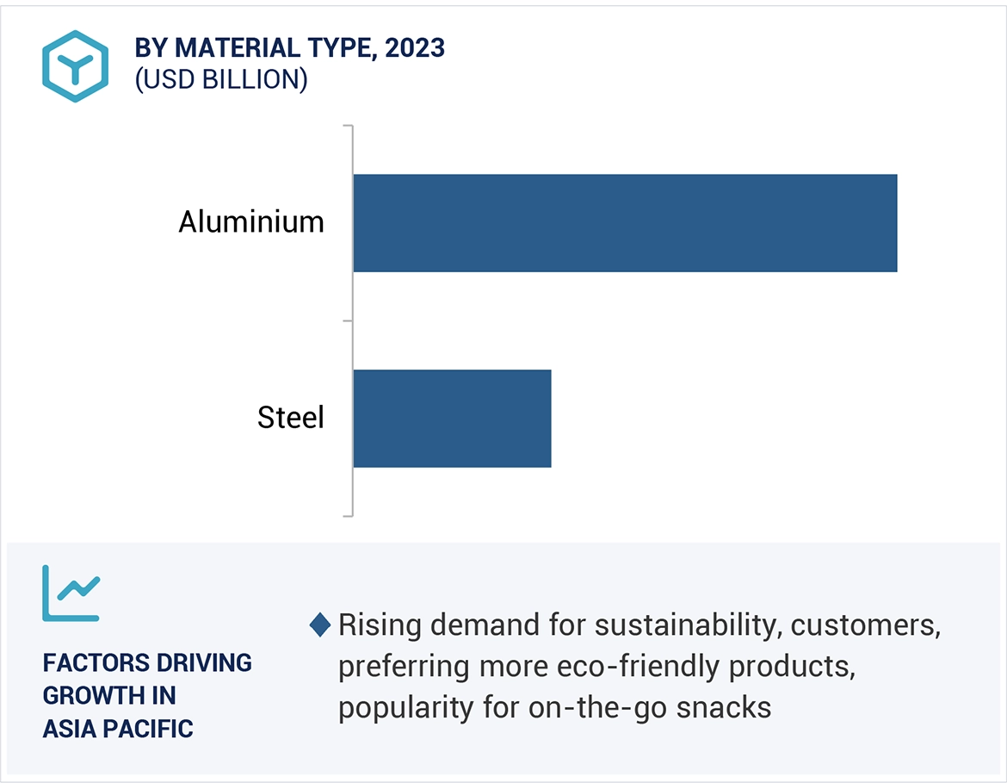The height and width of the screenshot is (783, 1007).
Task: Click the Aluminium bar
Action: click(625, 223)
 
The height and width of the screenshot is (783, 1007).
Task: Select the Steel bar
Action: click(452, 419)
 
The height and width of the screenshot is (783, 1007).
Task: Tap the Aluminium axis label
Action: click(251, 222)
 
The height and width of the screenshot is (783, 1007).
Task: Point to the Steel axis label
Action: click(291, 418)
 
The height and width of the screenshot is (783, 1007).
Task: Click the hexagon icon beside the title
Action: click(76, 66)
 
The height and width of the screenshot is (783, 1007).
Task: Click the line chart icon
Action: click(71, 593)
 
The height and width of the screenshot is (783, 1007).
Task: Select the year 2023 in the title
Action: click(415, 48)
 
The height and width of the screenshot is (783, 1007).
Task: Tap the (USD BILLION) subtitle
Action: click(221, 79)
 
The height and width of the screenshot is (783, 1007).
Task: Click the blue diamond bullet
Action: click(320, 625)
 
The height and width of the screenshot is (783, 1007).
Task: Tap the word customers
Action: click(864, 625)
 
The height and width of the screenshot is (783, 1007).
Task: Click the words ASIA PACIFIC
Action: click(118, 729)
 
